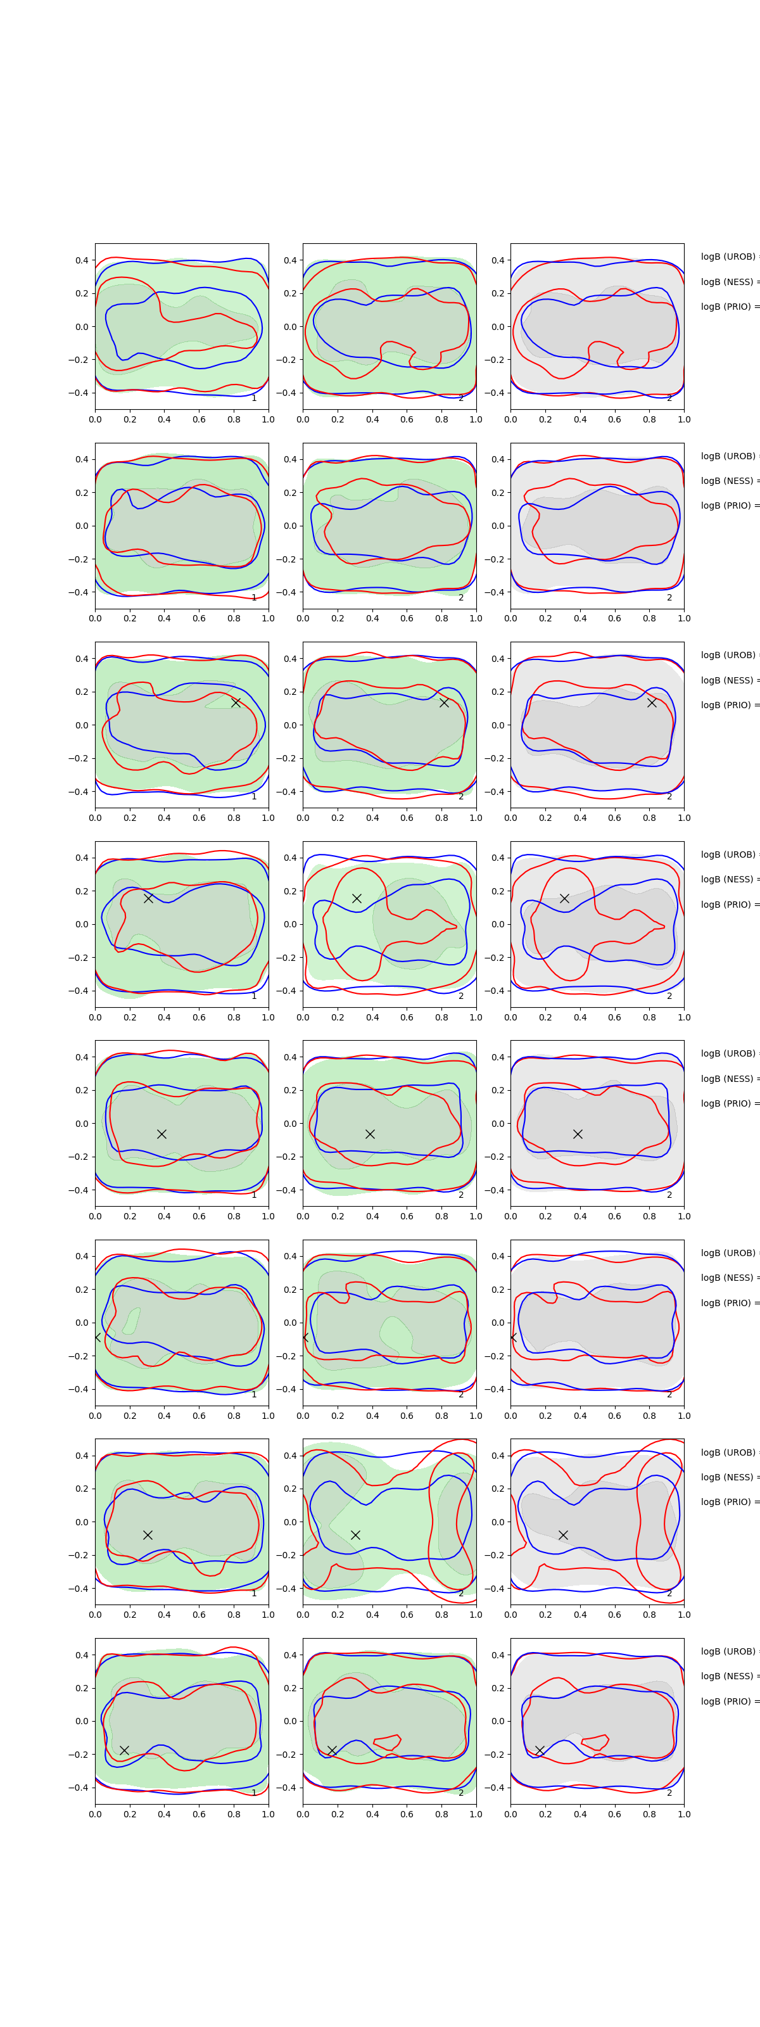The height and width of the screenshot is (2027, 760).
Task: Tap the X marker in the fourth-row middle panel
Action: tap(357, 898)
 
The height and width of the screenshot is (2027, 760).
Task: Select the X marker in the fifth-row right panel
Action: tap(578, 1134)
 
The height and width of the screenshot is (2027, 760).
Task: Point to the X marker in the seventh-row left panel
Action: tap(147, 1534)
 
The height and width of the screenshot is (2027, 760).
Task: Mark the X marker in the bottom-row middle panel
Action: tap(332, 1750)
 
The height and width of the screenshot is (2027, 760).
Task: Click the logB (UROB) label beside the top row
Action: tap(728, 257)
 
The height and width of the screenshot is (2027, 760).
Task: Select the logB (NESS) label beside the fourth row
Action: tap(728, 879)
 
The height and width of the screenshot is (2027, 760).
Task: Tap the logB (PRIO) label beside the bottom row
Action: tap(728, 1701)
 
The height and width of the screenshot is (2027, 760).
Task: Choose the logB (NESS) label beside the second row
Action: tap(728, 481)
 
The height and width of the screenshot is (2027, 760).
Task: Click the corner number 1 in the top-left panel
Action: tap(254, 398)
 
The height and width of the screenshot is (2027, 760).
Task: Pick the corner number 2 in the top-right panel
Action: tap(669, 398)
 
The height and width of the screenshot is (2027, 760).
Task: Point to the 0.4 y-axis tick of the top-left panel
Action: tap(82, 260)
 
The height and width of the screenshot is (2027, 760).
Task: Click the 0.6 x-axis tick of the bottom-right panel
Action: tap(614, 1814)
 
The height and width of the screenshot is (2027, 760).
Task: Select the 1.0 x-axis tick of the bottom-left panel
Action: tap(269, 1814)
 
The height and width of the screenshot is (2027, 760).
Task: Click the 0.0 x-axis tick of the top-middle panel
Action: tap(303, 419)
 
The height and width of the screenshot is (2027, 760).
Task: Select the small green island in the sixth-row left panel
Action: tap(132, 1320)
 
